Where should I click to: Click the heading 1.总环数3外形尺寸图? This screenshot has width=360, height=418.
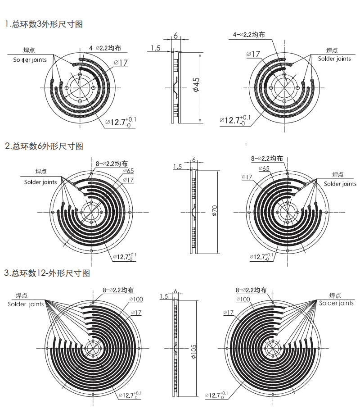(x=44, y=24)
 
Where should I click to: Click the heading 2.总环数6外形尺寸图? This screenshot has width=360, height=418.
(x=44, y=146)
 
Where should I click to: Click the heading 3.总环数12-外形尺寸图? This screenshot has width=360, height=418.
(x=47, y=273)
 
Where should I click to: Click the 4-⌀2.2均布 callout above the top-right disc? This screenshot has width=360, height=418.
(x=248, y=34)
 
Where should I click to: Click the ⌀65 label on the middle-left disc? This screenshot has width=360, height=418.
(x=127, y=171)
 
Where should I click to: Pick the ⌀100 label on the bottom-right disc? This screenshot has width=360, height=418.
(x=243, y=299)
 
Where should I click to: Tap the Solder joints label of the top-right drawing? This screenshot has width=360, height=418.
(x=334, y=59)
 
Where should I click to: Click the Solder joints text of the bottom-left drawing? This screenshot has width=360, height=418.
(x=26, y=304)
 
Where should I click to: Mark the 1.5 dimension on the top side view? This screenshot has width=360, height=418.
(x=156, y=48)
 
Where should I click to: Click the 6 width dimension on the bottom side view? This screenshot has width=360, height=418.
(x=175, y=291)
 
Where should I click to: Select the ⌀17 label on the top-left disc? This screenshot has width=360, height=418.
(x=121, y=63)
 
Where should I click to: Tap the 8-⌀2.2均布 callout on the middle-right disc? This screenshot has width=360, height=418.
(x=267, y=159)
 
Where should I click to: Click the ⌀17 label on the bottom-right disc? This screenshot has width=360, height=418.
(x=228, y=312)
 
